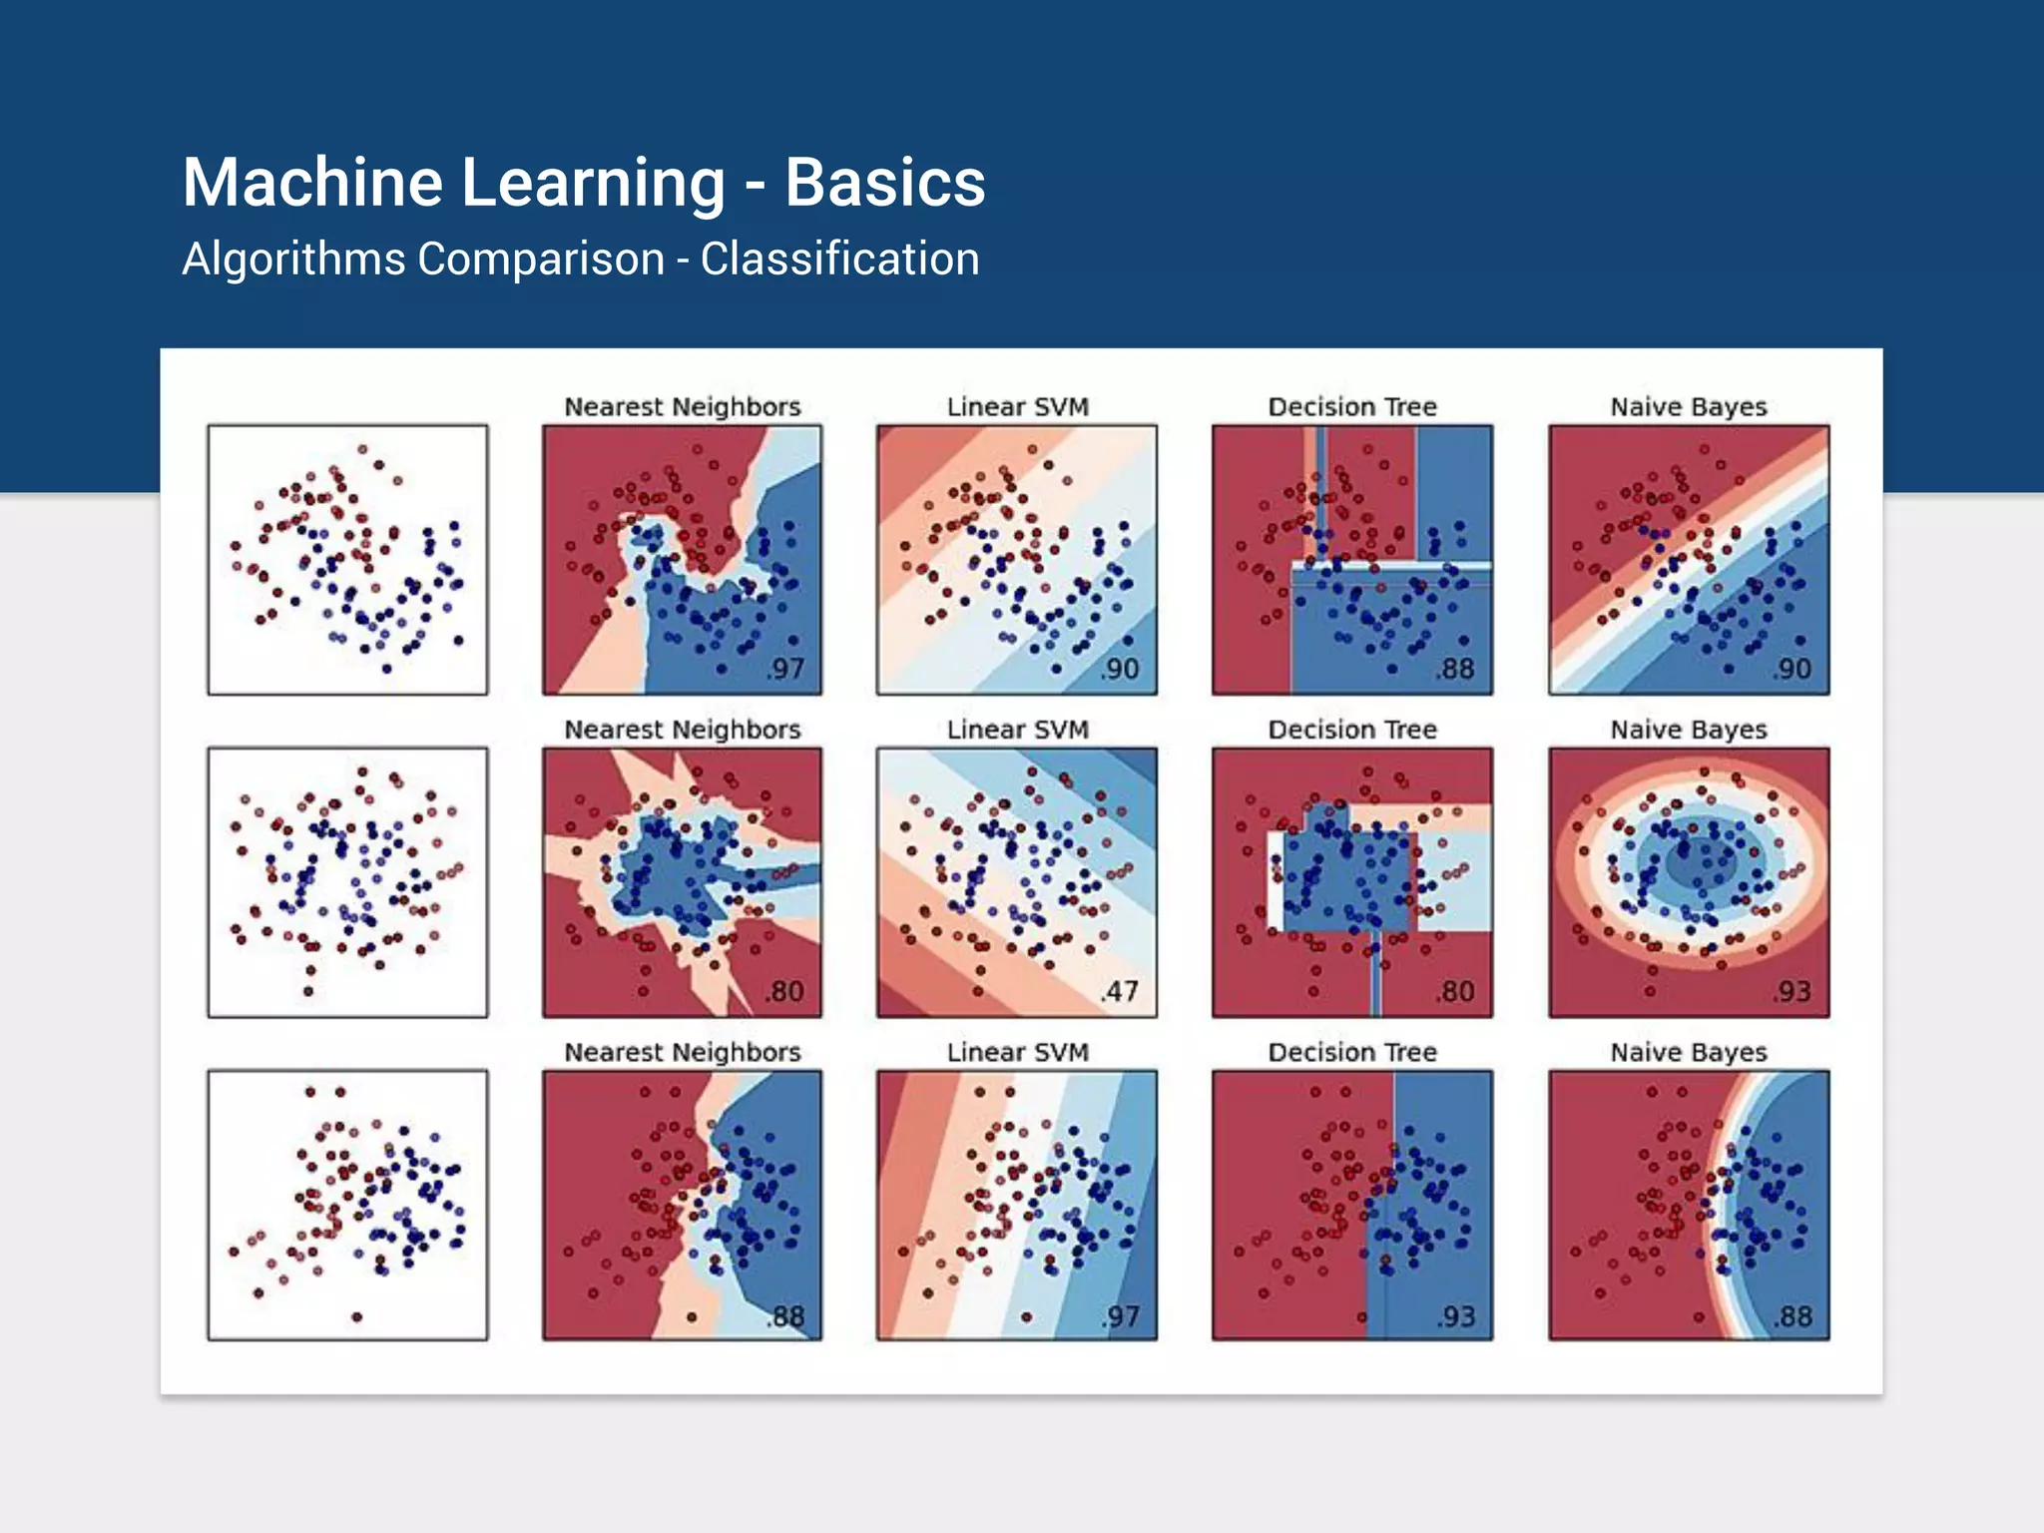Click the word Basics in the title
coord(884,183)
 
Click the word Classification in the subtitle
coord(839,259)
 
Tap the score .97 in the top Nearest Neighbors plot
coord(786,669)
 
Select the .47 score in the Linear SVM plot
coord(1121,991)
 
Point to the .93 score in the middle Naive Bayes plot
coord(1792,991)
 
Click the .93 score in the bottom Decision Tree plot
coord(1456,1316)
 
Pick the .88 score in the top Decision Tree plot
coord(1456,669)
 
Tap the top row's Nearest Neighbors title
coord(683,407)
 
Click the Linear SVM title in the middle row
coord(1017,730)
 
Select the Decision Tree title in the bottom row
coord(1352,1052)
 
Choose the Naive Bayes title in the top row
coord(1689,407)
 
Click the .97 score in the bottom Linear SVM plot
coord(1121,1316)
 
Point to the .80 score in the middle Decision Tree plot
coord(1456,991)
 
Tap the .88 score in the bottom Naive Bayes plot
coord(1792,1316)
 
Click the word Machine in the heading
coord(312,183)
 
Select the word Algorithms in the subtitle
coord(293,259)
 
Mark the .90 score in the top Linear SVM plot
coord(1121,669)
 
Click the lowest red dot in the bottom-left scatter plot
coord(357,1316)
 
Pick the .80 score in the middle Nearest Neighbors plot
coord(786,991)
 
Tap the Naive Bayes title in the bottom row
coord(1689,1052)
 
